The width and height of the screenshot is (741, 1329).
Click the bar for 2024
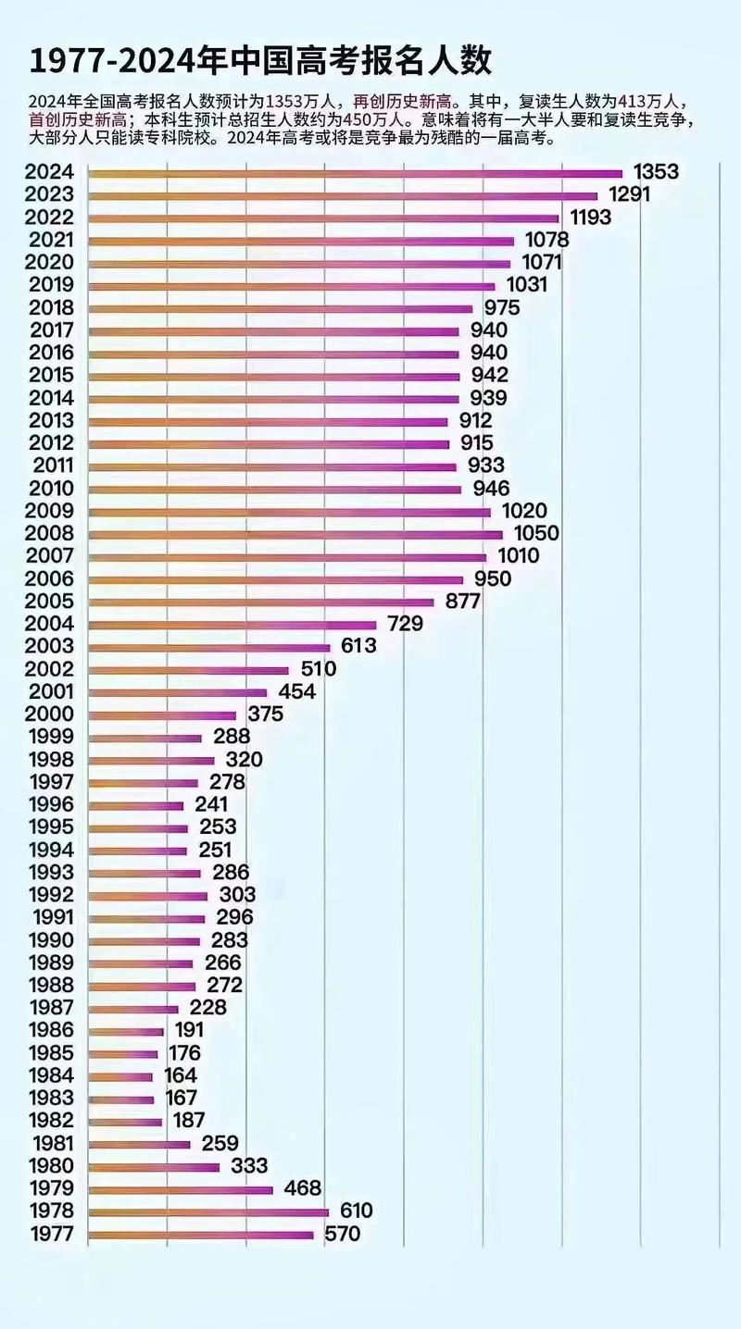pyautogui.click(x=356, y=173)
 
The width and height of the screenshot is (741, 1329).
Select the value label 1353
pyautogui.click(x=656, y=172)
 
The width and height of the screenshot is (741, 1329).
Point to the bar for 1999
pyautogui.click(x=145, y=738)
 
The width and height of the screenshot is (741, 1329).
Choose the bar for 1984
pyautogui.click(x=120, y=1076)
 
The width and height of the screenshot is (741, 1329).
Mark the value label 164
pyautogui.click(x=181, y=1075)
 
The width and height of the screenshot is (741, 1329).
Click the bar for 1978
pyautogui.click(x=208, y=1211)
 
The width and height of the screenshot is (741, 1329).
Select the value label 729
pyautogui.click(x=405, y=625)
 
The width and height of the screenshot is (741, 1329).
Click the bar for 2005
pyautogui.click(x=261, y=602)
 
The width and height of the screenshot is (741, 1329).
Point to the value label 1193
pyautogui.click(x=589, y=217)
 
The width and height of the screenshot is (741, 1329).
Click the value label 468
pyautogui.click(x=302, y=1188)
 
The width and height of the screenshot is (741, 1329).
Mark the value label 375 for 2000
pyautogui.click(x=265, y=714)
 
